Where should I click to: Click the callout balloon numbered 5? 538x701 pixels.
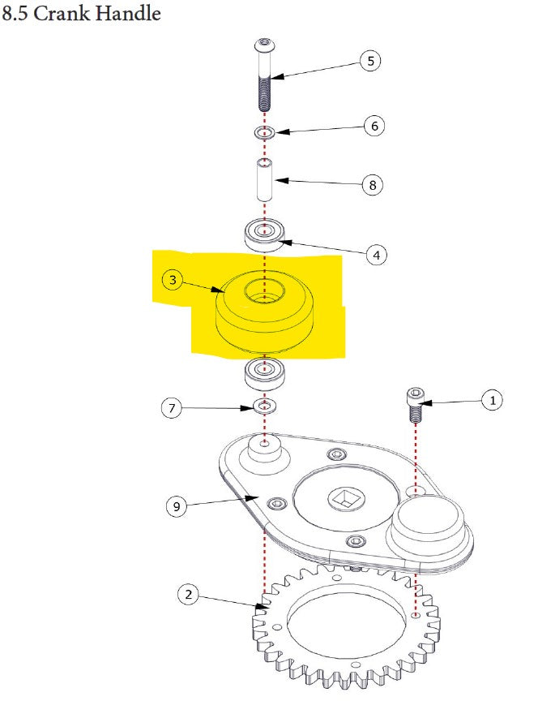pyautogui.click(x=370, y=61)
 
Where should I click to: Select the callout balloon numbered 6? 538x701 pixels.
pyautogui.click(x=373, y=126)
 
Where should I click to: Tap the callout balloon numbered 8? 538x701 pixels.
pyautogui.click(x=372, y=185)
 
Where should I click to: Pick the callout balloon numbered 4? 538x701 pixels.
pyautogui.click(x=375, y=254)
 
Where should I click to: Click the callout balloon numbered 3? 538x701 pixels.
pyautogui.click(x=173, y=280)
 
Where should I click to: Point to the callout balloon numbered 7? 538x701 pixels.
pyautogui.click(x=172, y=408)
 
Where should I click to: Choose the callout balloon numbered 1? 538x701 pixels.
pyautogui.click(x=491, y=399)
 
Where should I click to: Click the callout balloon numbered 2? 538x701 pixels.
pyautogui.click(x=188, y=595)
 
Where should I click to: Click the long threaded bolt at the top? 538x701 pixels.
pyautogui.click(x=266, y=77)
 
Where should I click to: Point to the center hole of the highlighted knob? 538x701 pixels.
pyautogui.click(x=265, y=290)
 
